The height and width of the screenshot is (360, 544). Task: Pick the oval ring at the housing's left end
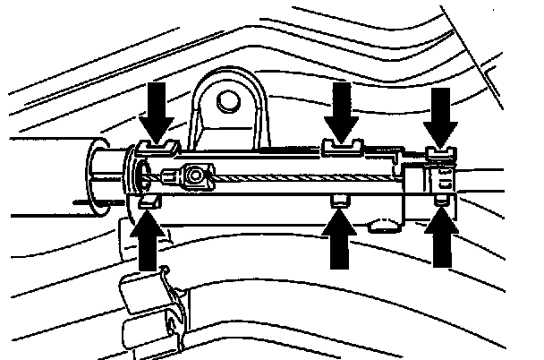pyautogui.click(x=134, y=175)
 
